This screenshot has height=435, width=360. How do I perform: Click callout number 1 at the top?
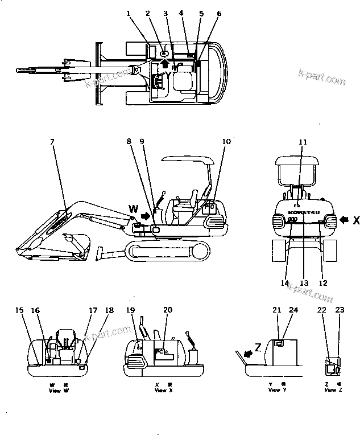tap(128, 13)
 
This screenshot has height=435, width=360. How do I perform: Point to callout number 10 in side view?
tap(226, 141)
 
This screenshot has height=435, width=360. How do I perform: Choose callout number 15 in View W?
tap(20, 310)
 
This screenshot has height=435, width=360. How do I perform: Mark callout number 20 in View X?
tap(167, 310)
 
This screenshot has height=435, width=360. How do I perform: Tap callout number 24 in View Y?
tap(293, 310)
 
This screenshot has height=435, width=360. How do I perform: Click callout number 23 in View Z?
tap(340, 310)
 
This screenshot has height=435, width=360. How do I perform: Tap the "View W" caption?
tap(56, 390)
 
